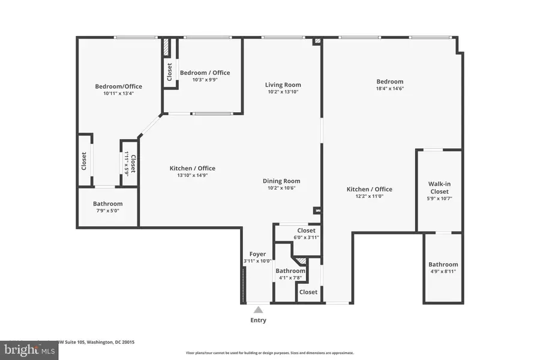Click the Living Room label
coord(283,85)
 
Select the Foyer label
coord(257,254)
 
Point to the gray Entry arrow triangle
coord(258,310)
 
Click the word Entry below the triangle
coord(258,320)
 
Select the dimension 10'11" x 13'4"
coord(118,93)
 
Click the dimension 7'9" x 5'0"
coord(108,211)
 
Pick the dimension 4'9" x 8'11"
coord(443,272)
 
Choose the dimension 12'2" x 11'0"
coord(369,196)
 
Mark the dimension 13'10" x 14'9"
coord(192,175)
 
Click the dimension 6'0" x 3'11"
coord(306,237)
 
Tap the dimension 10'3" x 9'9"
coord(205,80)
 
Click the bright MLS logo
coord(23,349)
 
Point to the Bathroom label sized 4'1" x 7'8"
coord(290,271)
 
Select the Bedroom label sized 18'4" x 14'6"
coord(390,82)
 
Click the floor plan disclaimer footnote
coord(270,353)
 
